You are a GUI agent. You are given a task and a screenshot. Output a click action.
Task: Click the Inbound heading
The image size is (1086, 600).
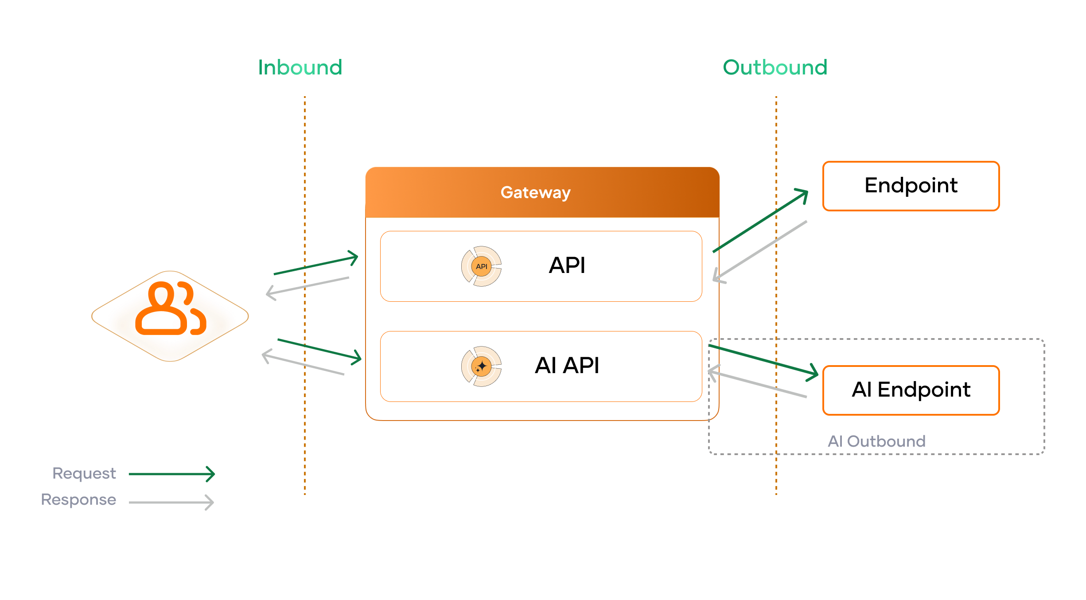coord(300,68)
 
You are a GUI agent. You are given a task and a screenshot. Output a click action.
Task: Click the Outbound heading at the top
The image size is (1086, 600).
coord(775,68)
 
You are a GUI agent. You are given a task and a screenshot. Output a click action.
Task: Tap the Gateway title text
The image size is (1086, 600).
coord(535,193)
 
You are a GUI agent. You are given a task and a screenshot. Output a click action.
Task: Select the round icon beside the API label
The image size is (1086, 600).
coord(481,266)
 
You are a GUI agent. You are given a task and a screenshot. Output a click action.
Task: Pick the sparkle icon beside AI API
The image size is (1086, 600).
coord(481,366)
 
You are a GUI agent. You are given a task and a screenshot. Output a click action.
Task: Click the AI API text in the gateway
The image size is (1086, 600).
coord(567,366)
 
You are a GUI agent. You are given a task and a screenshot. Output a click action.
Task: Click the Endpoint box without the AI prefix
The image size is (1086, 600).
coord(911,186)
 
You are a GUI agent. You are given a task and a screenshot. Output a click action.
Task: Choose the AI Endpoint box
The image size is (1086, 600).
coord(911,390)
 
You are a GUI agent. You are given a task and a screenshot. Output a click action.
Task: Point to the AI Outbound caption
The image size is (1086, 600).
coord(876,441)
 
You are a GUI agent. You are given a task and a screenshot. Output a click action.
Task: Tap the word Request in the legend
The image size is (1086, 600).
coord(84,473)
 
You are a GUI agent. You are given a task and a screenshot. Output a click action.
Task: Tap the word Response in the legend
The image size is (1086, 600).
coord(78,499)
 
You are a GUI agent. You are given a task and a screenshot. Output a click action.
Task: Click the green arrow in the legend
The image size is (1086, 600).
coord(172,474)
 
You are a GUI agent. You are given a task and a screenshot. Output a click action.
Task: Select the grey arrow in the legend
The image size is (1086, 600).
coord(172,502)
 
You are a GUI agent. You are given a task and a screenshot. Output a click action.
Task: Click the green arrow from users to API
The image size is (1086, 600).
coord(315,265)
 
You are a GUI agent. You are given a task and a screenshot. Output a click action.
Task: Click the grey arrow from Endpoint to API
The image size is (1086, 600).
coord(760,251)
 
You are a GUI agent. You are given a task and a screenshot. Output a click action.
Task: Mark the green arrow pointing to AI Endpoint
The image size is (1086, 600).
coord(763,360)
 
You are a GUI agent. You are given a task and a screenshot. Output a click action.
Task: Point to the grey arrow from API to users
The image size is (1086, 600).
coord(308,286)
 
